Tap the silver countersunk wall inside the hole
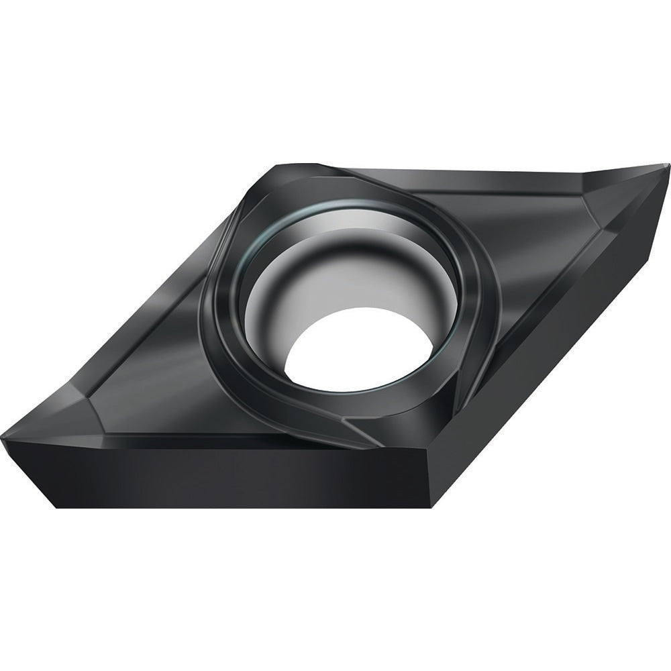tap(349, 268)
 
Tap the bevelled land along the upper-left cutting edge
tap(168, 268)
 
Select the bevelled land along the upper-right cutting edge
tap(470, 173)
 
